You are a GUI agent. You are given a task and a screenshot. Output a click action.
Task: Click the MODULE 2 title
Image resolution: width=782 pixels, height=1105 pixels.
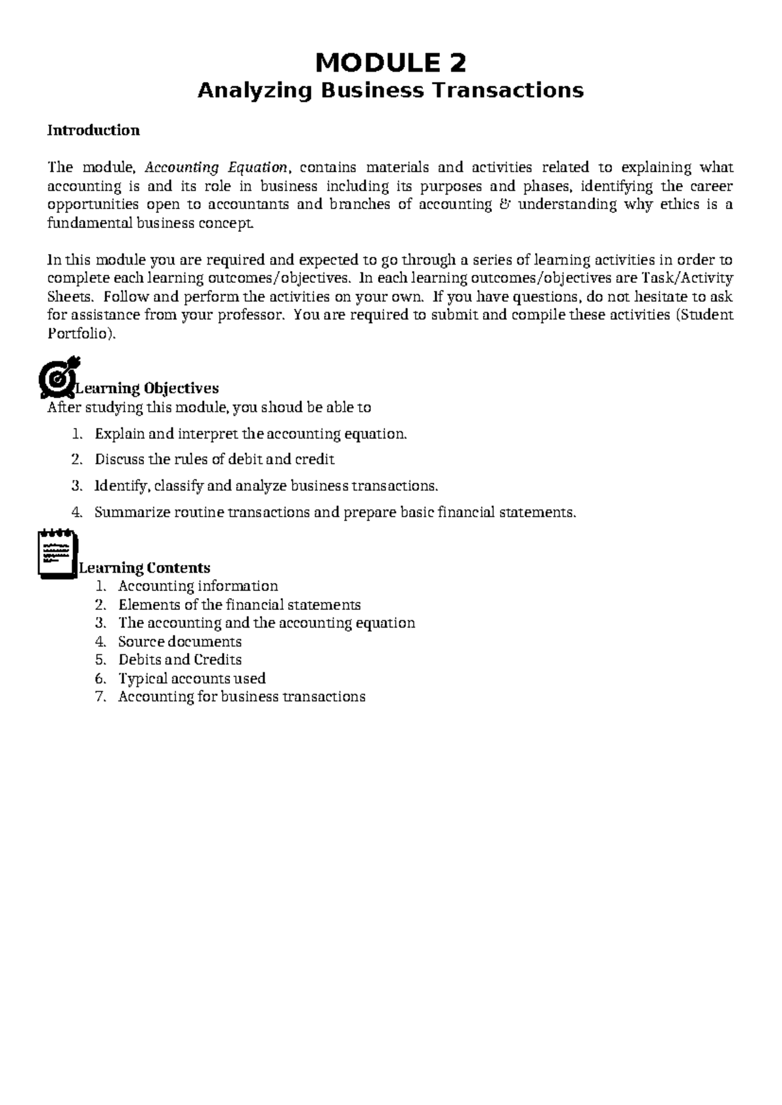pyautogui.click(x=390, y=64)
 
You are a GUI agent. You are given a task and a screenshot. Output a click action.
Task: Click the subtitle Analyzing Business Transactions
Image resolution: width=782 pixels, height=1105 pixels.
pyautogui.click(x=390, y=90)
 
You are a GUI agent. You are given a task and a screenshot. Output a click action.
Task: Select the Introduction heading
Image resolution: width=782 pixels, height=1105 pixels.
pyautogui.click(x=93, y=130)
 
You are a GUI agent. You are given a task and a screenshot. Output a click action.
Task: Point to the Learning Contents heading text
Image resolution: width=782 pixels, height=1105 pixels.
pyautogui.click(x=145, y=568)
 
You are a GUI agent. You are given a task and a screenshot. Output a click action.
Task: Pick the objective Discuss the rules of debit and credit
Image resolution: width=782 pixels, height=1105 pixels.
pyautogui.click(x=214, y=459)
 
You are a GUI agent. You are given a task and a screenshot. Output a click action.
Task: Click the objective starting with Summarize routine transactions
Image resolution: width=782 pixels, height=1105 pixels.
pyautogui.click(x=335, y=512)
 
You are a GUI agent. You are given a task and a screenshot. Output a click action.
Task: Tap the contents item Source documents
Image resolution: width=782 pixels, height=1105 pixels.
pyautogui.click(x=180, y=642)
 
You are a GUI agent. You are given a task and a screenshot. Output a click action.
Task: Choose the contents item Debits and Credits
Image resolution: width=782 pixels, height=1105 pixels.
pyautogui.click(x=180, y=660)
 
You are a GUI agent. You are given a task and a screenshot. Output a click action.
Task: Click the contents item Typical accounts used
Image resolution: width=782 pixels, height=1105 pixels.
pyautogui.click(x=192, y=679)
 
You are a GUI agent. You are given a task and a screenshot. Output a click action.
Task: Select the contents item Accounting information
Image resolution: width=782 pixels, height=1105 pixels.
pyautogui.click(x=198, y=586)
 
